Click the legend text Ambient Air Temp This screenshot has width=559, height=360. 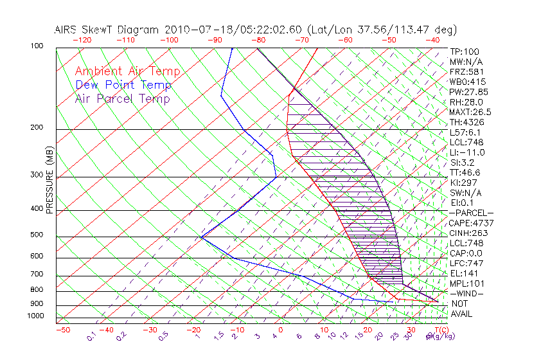[x=127, y=72]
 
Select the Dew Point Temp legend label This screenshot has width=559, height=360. [x=123, y=85]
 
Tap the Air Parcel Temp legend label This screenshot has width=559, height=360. [x=122, y=99]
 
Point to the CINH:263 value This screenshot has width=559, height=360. [x=467, y=233]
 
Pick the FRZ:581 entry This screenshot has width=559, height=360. [x=465, y=72]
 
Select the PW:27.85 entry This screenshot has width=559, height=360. [x=467, y=92]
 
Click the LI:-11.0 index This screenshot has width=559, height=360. [x=467, y=152]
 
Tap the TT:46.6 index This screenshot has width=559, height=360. [x=465, y=173]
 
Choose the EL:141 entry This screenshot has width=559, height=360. [x=463, y=273]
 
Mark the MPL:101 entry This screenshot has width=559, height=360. [x=465, y=283]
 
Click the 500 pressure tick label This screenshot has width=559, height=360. [x=37, y=235]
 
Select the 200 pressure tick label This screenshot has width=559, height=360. [x=37, y=127]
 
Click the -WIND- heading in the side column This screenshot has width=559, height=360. [x=467, y=294]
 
